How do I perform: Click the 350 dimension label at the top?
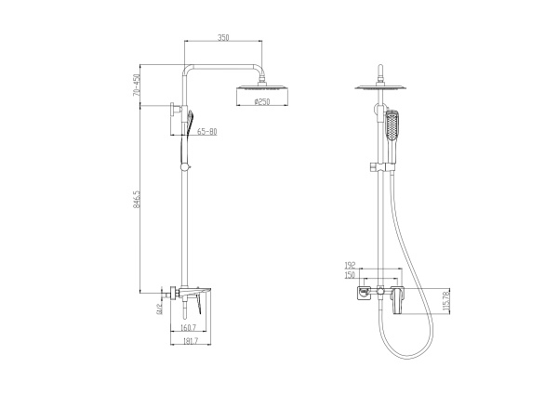pyautogui.click(x=223, y=37)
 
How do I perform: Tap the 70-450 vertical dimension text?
pyautogui.click(x=136, y=85)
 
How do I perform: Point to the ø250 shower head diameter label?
pyautogui.click(x=262, y=102)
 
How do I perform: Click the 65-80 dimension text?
pyautogui.click(x=206, y=132)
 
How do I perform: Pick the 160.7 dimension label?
pyautogui.click(x=190, y=327)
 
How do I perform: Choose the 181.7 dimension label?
pyautogui.click(x=191, y=341)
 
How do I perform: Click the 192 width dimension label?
pyautogui.click(x=350, y=265)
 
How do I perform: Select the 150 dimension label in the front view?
pyautogui.click(x=350, y=275)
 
